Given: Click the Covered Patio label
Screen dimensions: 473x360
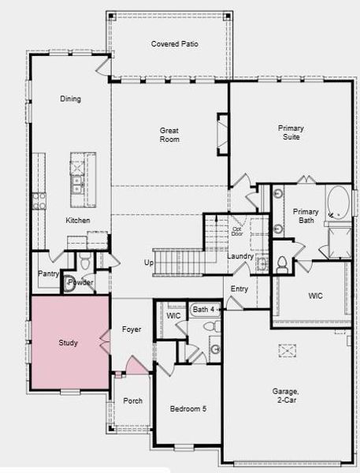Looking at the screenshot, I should [x=174, y=44].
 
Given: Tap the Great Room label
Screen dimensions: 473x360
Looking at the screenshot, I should [x=169, y=135].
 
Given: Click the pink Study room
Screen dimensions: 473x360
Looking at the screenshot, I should [x=69, y=343].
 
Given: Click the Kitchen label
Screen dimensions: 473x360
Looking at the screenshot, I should [x=77, y=220].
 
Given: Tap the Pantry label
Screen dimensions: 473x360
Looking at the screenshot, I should [x=48, y=274].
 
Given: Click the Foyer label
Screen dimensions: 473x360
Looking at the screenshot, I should [x=132, y=329].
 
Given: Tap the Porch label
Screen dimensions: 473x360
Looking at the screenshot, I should [x=133, y=400].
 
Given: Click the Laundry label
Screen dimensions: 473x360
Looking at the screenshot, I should [x=239, y=256].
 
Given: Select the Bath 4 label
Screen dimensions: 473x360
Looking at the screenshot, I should [x=203, y=310].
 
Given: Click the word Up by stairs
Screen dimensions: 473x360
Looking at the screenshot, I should [x=149, y=263].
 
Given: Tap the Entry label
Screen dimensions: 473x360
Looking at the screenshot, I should [x=239, y=289].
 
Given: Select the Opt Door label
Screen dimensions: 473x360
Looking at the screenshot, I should [x=236, y=232].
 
